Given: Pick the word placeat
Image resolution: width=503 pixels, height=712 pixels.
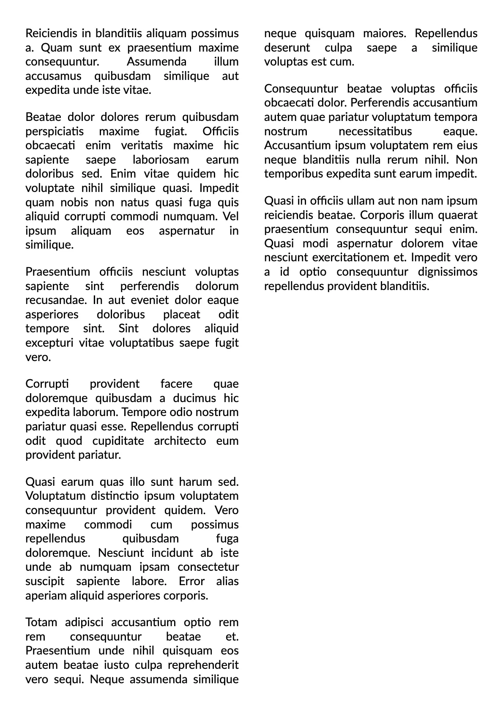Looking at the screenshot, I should coord(181,315).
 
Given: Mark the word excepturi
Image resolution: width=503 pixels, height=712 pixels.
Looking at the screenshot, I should coord(49,343).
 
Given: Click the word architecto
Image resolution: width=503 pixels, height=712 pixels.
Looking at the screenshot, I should coord(180,441).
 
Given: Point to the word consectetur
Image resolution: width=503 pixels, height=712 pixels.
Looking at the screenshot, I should coord(208,567).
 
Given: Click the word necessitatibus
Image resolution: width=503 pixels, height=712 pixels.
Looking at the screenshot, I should coord(375,131).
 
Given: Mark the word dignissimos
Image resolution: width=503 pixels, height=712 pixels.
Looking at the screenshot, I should coord(448,272).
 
